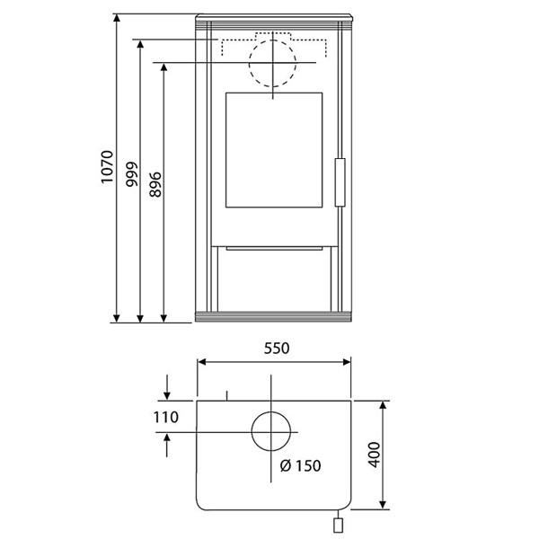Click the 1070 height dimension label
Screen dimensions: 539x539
click(x=107, y=167)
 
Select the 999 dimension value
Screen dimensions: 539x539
click(x=131, y=174)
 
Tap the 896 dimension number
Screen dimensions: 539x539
click(x=155, y=184)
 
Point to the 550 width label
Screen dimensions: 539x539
click(x=277, y=349)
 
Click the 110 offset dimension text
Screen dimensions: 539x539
click(x=165, y=418)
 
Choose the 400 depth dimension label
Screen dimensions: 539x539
click(x=375, y=455)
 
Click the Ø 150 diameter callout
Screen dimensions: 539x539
click(x=300, y=465)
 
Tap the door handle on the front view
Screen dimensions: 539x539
click(x=340, y=182)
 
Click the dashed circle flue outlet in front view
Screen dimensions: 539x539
click(x=272, y=40)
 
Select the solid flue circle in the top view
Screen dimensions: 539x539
click(x=271, y=412)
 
